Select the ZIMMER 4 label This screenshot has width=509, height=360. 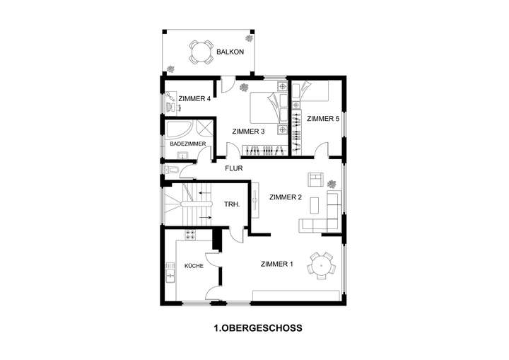(195, 99)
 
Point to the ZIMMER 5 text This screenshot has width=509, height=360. (324, 119)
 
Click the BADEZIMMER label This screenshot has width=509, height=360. (188, 144)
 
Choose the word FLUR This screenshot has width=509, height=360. (234, 169)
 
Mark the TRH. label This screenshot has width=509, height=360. (232, 204)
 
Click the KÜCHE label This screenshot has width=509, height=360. (194, 266)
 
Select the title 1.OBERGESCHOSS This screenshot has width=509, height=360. (258, 328)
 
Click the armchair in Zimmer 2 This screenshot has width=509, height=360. (315, 180)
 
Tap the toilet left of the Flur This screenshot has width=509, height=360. (173, 170)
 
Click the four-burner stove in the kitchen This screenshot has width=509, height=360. (190, 234)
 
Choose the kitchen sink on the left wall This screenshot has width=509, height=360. (170, 272)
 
